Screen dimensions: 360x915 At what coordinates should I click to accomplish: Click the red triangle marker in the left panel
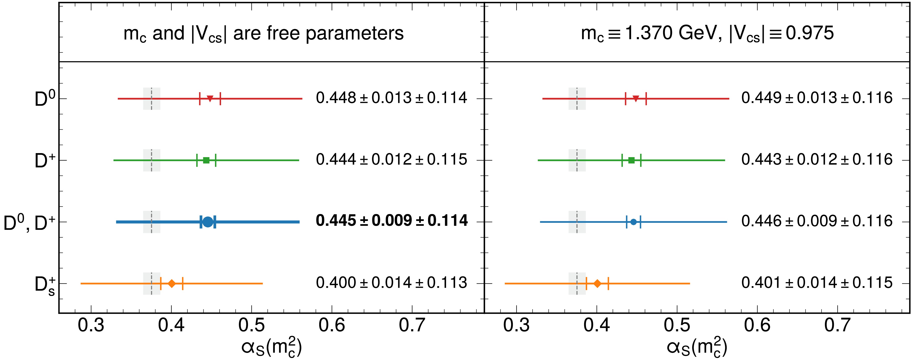(x=210, y=99)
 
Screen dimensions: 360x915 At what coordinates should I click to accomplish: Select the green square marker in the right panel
(x=631, y=160)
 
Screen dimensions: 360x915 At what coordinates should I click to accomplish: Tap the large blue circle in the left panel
(x=208, y=222)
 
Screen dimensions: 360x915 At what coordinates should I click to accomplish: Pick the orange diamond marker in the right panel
(x=597, y=284)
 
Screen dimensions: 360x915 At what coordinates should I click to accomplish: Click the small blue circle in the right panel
(x=633, y=222)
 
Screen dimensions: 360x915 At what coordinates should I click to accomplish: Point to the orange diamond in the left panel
(x=172, y=284)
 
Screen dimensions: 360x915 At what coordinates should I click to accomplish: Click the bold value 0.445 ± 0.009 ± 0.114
(x=391, y=221)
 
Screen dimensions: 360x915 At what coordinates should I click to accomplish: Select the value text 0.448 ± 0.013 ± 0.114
(x=391, y=98)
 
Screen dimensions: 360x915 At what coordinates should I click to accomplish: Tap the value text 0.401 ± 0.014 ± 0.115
(x=817, y=283)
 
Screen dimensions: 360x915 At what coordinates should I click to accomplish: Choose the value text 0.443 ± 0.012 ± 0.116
(x=817, y=160)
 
